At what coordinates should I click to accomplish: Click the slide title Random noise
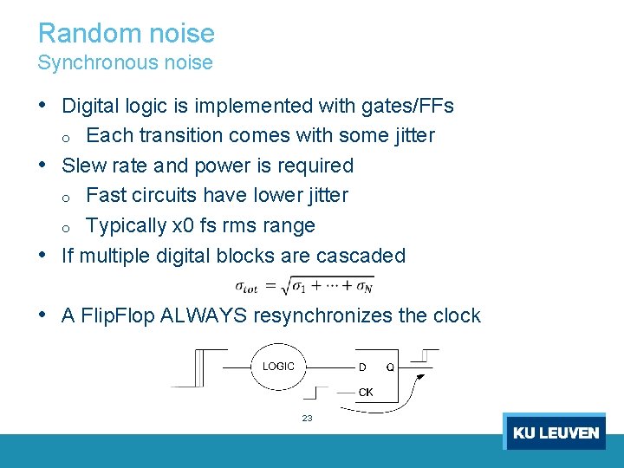tap(127, 33)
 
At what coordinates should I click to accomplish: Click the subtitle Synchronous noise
tap(125, 62)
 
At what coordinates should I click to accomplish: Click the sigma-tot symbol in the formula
tap(247, 285)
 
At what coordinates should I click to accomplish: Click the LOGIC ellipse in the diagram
tap(279, 367)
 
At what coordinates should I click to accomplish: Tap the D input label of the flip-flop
tap(362, 367)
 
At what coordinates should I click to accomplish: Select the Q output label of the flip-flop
tap(389, 367)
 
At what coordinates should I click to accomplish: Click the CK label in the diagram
tap(366, 393)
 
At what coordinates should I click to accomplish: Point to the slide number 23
tap(307, 419)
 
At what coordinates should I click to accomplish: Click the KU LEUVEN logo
tap(555, 432)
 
